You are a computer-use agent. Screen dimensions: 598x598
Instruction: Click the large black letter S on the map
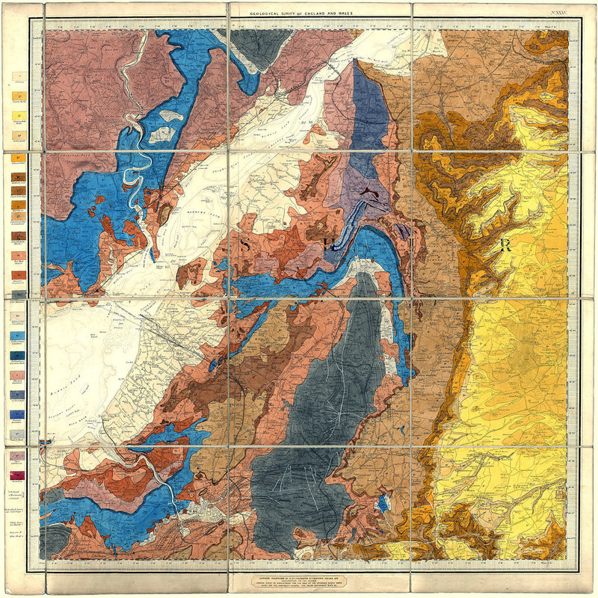coord(246,244)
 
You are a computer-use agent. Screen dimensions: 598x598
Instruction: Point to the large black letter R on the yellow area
coord(505,245)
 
